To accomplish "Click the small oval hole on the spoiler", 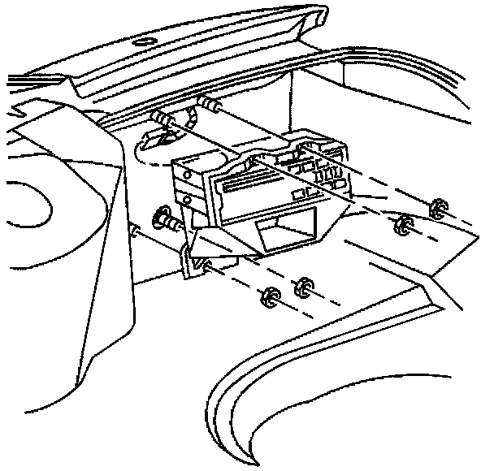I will tap(145, 42).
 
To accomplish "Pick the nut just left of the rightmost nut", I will tap(401, 225).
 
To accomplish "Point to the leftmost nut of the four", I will tap(267, 297).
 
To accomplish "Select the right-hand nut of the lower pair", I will tap(305, 284).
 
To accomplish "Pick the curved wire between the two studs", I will tap(192, 119).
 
